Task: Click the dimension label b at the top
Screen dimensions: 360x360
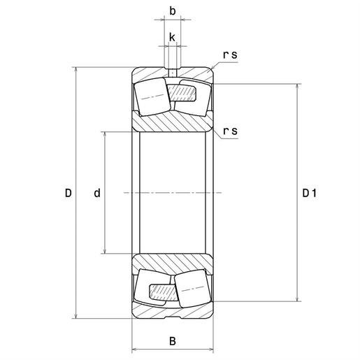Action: point(172,12)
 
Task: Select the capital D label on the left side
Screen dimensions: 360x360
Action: point(68,193)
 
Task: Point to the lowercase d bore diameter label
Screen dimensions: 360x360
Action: point(96,193)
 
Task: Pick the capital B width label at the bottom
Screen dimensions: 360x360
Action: point(172,343)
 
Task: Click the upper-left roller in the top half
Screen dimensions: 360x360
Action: point(152,97)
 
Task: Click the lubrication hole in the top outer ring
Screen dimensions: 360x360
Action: point(172,71)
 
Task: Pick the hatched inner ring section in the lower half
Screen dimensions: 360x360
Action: point(172,262)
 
